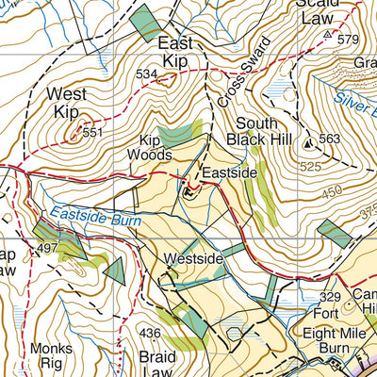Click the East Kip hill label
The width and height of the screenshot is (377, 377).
tap(175, 52)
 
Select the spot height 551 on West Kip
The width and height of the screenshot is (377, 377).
tap(91, 133)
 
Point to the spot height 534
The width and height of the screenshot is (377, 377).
tap(145, 74)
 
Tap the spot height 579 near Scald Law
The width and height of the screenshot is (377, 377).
tap(349, 39)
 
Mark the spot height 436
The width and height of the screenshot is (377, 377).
tap(151, 333)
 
